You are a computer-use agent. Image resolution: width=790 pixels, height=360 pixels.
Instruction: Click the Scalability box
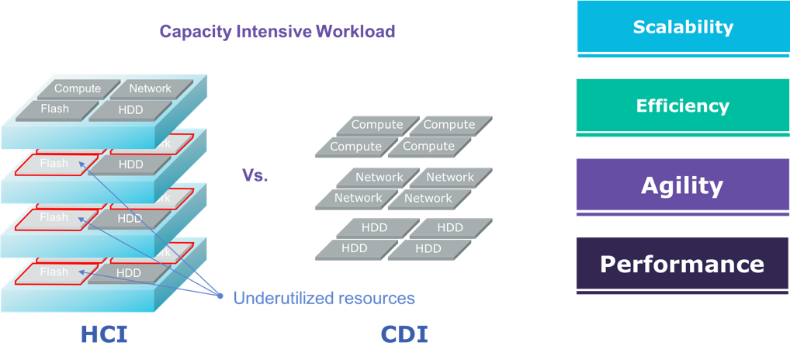(x=682, y=27)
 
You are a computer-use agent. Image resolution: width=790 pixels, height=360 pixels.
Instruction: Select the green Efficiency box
(x=682, y=106)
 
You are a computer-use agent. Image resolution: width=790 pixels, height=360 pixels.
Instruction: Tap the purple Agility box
(x=682, y=185)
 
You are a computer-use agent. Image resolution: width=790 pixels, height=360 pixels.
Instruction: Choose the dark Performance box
(x=682, y=265)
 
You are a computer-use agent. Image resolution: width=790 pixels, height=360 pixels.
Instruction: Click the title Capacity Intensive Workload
(x=277, y=32)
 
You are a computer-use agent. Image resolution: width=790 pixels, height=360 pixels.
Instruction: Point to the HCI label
(x=104, y=334)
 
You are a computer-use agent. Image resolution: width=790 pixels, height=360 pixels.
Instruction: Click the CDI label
(x=404, y=334)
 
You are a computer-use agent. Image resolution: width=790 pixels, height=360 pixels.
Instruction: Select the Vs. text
(x=255, y=176)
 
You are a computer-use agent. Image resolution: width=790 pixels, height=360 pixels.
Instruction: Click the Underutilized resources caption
(x=324, y=298)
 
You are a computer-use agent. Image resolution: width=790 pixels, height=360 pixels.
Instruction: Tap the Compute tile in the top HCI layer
(x=78, y=89)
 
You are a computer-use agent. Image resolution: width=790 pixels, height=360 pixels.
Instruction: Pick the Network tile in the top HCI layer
(x=151, y=88)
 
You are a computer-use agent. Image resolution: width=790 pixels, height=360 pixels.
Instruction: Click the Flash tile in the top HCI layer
(x=55, y=109)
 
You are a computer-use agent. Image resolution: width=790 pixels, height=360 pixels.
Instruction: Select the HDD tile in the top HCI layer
(x=130, y=110)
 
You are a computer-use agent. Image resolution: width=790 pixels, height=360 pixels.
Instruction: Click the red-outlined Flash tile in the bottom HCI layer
(x=54, y=272)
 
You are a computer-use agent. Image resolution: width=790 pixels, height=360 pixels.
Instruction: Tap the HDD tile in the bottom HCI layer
(x=130, y=273)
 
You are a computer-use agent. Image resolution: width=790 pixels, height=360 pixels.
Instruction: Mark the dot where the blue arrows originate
(x=220, y=296)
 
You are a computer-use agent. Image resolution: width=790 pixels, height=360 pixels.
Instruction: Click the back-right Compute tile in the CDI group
(x=449, y=125)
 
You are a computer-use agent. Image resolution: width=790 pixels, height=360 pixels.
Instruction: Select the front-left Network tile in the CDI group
(x=357, y=199)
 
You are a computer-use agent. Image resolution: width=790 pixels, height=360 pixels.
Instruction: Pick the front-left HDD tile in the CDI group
(x=355, y=249)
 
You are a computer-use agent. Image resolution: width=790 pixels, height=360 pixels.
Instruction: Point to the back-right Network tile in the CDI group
(x=450, y=178)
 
